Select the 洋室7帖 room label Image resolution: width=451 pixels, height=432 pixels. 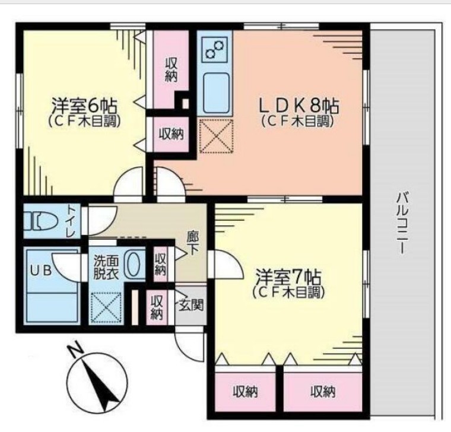pos(288,278)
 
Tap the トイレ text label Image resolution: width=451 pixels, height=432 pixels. pos(71,221)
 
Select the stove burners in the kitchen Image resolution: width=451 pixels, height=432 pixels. pos(214,49)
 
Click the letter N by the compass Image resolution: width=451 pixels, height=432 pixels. pos(74,352)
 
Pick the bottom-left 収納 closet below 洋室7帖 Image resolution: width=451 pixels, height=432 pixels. pos(245,392)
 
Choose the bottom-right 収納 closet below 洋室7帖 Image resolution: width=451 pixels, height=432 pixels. pos(323,392)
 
